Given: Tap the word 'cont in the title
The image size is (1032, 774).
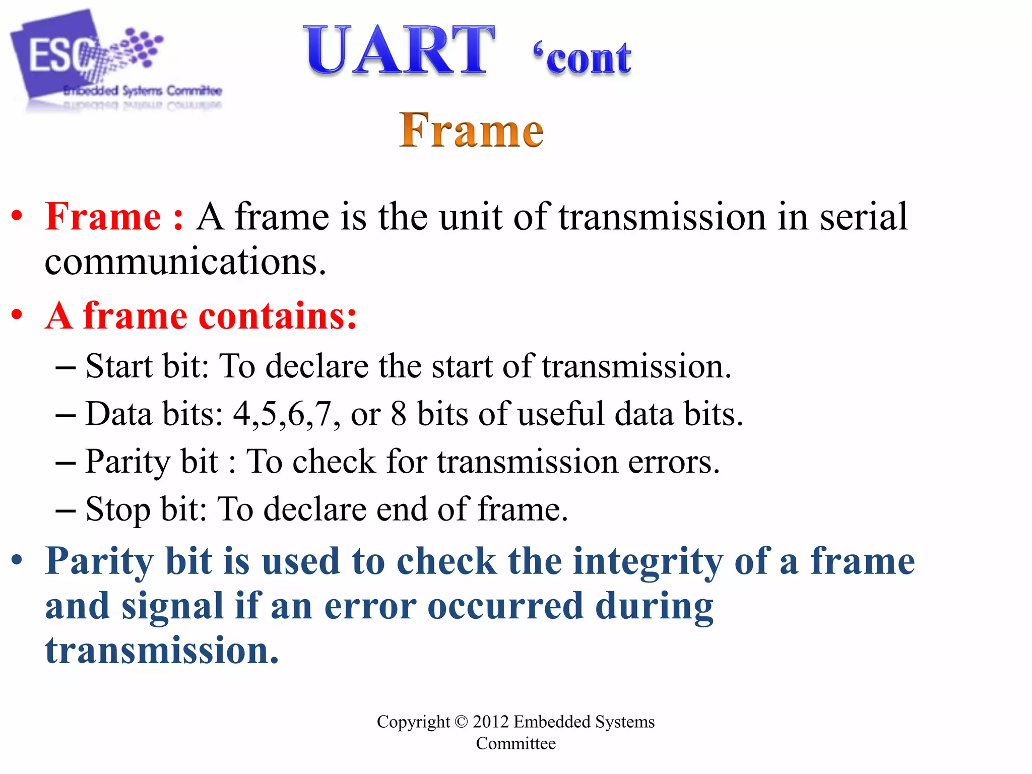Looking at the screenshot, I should pos(583,59).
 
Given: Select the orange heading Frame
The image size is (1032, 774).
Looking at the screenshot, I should pos(471,131).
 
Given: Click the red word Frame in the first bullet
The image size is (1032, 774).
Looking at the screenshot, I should pos(103,217).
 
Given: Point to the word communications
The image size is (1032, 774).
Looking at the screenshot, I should pos(185,262).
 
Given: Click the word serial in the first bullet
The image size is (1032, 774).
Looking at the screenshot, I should pos(863,217).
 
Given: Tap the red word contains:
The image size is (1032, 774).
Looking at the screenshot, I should pos(278,316).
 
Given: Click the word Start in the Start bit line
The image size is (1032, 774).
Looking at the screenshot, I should pos(119,366).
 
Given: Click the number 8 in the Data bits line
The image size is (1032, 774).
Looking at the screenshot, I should pos(398,414).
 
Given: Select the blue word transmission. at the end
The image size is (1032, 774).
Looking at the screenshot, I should pos(162,651).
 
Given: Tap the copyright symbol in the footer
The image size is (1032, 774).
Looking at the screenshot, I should pos(461,722).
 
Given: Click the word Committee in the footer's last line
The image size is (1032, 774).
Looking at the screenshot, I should pos(515,744).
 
